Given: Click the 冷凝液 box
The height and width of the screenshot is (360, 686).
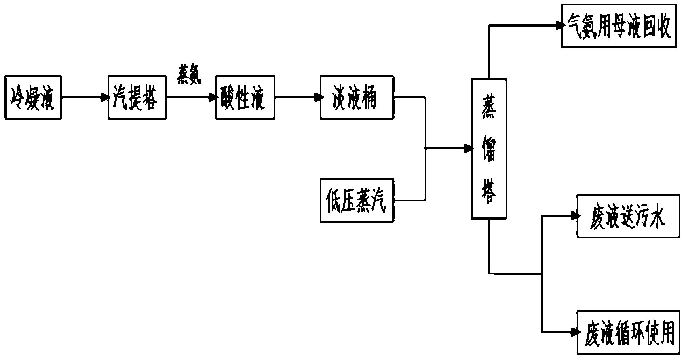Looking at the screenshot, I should tap(33, 97).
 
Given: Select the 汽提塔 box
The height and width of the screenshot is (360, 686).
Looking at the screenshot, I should tap(137, 97).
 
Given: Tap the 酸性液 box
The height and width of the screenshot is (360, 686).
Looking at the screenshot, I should tap(245, 97).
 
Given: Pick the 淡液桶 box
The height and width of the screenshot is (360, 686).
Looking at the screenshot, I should tap(357, 97).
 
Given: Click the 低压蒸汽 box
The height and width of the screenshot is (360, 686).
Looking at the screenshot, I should tap(357, 200).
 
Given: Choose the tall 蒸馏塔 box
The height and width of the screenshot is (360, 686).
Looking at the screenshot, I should tap(489, 149).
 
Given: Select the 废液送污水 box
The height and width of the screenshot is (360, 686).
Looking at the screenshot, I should tap(628, 216).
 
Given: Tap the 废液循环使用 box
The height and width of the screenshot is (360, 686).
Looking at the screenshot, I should tap(629, 332).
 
